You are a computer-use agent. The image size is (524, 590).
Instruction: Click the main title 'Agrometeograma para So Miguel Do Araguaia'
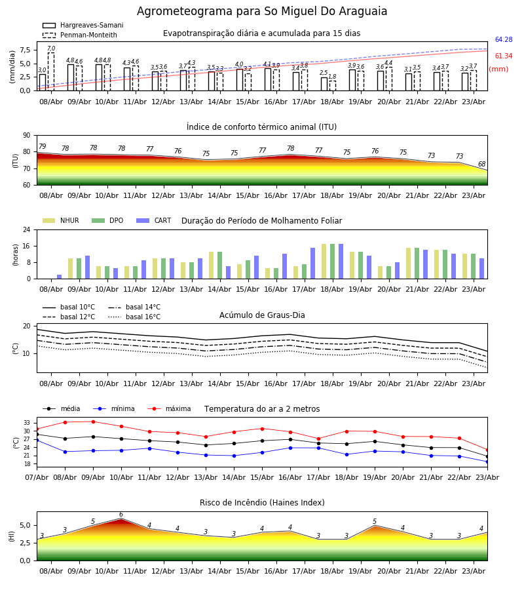262,11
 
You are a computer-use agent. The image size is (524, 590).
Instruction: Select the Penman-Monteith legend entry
80,35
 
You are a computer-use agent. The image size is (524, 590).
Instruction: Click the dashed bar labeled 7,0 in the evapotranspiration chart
51,71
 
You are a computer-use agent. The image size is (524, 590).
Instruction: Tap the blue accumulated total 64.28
504,39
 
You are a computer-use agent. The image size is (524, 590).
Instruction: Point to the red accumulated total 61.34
504,56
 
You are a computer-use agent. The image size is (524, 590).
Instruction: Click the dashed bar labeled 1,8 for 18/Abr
333,86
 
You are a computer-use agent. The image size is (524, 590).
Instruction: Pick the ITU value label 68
481,164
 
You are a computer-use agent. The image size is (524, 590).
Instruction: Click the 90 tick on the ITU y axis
27,136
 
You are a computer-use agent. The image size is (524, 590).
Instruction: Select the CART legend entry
154,220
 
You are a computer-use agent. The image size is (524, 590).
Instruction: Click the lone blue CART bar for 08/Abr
60,277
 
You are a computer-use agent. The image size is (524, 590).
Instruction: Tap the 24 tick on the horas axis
27,229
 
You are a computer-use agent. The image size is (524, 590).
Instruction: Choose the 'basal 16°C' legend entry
134,317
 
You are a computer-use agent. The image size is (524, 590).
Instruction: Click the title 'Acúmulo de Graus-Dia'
262,315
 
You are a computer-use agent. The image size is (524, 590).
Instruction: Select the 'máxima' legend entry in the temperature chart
170,408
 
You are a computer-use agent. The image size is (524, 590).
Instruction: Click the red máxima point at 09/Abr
93,422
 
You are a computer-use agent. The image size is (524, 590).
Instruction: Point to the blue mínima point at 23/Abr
487,462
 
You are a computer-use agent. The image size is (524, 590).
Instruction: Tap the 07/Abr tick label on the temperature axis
37,477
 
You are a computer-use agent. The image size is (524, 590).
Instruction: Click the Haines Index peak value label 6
121,515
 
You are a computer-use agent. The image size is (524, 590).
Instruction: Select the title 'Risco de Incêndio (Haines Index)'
262,503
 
